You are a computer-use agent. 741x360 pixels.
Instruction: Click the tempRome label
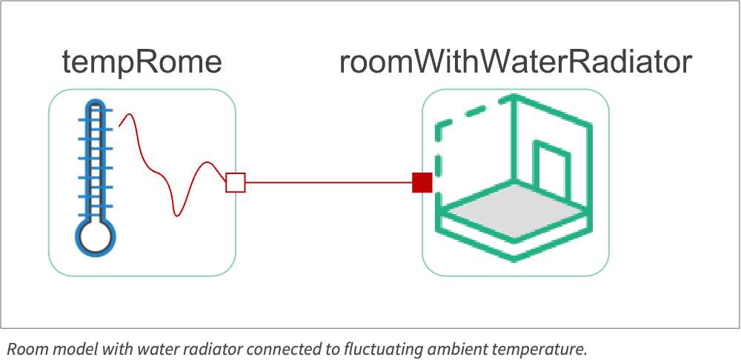click(142, 62)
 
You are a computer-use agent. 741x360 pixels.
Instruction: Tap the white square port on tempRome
click(236, 182)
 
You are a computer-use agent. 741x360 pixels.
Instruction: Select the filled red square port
click(422, 182)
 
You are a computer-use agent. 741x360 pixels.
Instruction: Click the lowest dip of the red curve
click(176, 216)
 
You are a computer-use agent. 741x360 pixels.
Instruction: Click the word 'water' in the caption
click(147, 349)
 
